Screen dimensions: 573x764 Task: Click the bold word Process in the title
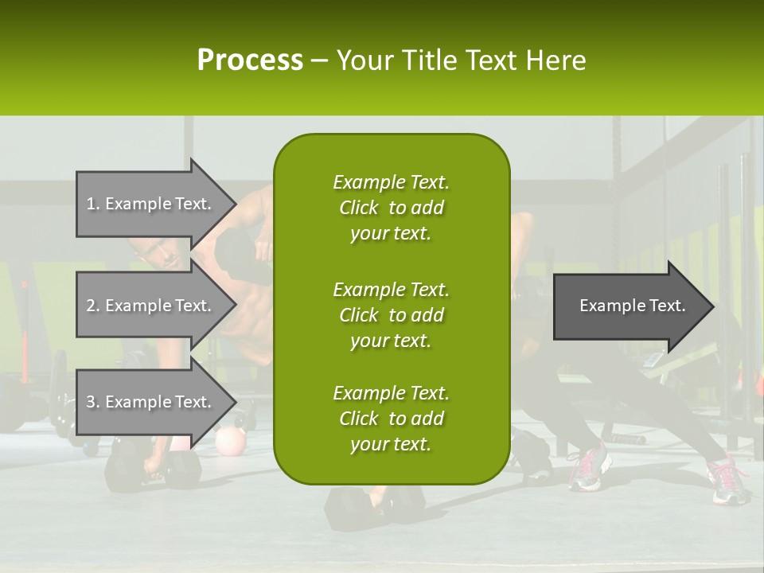tap(250, 60)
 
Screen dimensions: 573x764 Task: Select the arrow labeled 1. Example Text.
tap(151, 204)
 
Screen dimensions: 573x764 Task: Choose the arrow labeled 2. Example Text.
tap(151, 306)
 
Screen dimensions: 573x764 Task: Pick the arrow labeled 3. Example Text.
tap(151, 402)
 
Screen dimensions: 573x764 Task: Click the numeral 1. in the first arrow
tap(93, 204)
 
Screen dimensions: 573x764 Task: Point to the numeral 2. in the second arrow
tap(93, 306)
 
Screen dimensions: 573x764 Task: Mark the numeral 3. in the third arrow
tap(93, 402)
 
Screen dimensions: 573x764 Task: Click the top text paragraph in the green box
tap(391, 208)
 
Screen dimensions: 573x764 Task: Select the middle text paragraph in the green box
tap(391, 314)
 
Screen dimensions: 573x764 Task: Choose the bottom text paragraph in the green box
tap(391, 419)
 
